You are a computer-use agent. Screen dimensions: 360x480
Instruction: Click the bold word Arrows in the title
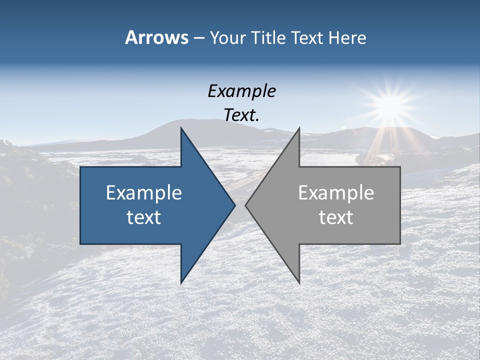[x=156, y=37]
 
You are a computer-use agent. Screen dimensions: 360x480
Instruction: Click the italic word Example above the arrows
[x=242, y=91]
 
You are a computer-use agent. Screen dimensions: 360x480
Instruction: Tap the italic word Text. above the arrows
[x=242, y=115]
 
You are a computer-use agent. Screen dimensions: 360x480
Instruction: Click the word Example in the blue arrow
[x=144, y=192]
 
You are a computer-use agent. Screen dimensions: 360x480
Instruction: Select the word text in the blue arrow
[x=144, y=217]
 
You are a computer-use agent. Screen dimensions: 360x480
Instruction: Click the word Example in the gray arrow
[x=336, y=192]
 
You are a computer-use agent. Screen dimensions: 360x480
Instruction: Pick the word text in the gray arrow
[x=336, y=217]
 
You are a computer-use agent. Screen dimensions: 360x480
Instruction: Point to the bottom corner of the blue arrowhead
[x=181, y=282]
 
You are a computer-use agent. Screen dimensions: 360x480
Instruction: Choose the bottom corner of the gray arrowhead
[x=299, y=282]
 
